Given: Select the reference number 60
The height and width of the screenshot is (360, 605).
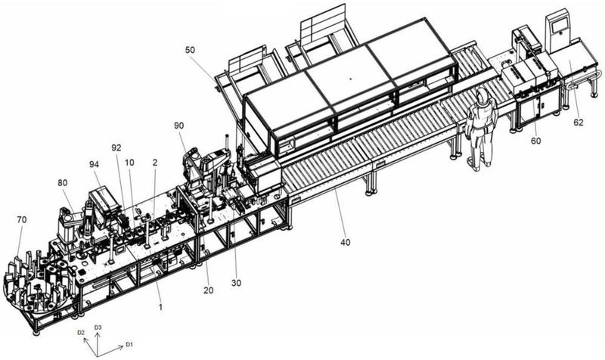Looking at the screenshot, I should pyautogui.click(x=535, y=141).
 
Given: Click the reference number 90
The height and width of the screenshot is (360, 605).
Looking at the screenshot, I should pyautogui.click(x=178, y=124).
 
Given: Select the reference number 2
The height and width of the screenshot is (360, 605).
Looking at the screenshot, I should pyautogui.click(x=155, y=161).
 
